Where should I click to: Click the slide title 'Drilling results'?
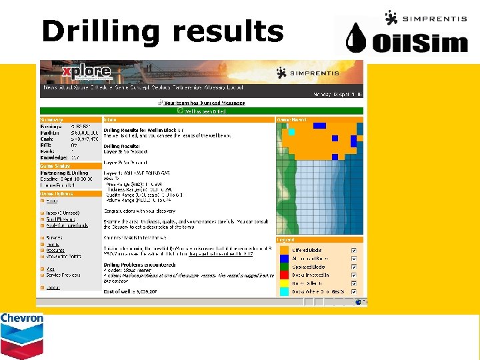pos(162,31)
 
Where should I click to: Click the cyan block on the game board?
pos(291,132)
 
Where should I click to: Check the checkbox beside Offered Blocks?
pos(353,250)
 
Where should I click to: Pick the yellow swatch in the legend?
pos(283,283)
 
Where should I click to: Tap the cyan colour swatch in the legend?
pos(283,291)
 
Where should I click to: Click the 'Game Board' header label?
pos(292,119)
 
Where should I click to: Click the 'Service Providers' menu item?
pos(63,275)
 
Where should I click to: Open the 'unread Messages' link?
pos(204,103)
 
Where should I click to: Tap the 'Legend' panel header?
pos(287,240)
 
